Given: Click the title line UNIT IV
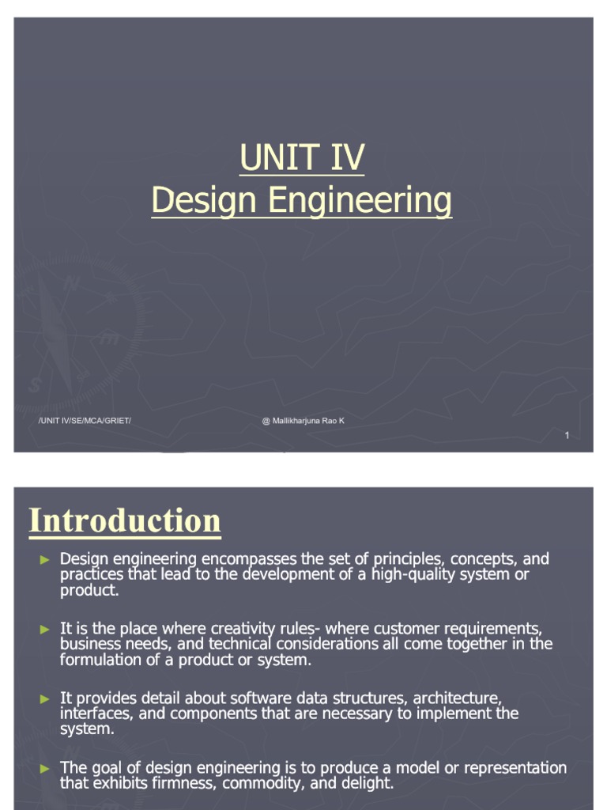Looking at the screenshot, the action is tap(302, 158).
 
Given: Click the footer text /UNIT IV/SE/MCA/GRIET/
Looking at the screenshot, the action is tap(85, 421).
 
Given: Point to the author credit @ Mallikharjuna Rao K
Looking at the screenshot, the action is tap(303, 421).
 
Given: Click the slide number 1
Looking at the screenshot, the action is tap(567, 437).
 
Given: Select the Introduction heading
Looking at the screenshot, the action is tap(125, 521).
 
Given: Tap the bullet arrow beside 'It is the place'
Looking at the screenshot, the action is tap(45, 630).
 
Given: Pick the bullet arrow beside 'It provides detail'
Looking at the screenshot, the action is tap(45, 699).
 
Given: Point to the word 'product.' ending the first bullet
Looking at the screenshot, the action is tap(89, 590).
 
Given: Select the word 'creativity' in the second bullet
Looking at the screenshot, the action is tap(245, 630).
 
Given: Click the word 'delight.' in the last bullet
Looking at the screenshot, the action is tap(366, 784).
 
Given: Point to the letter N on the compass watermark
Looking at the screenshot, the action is tap(73, 282).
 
